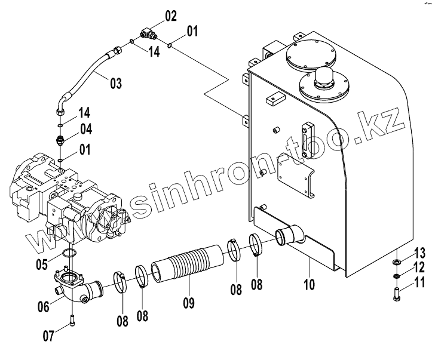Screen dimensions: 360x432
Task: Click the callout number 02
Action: pyautogui.click(x=171, y=16)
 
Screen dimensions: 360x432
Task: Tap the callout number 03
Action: pyautogui.click(x=116, y=84)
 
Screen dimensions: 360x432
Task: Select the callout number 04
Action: pyautogui.click(x=87, y=128)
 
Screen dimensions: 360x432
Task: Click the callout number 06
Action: pyautogui.click(x=43, y=307)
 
